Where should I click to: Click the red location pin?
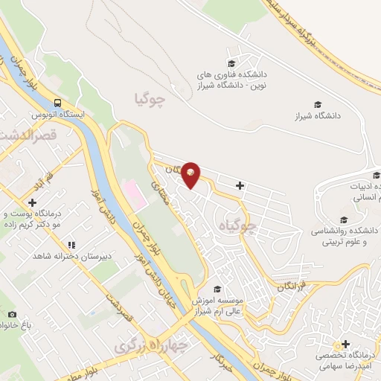(x=191, y=173)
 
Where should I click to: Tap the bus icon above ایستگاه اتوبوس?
(x=58, y=103)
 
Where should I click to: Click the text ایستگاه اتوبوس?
(x=58, y=116)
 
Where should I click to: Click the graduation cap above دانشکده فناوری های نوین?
(x=231, y=63)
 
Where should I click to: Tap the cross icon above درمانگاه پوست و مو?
(x=32, y=202)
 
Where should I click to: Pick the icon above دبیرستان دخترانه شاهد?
(x=71, y=244)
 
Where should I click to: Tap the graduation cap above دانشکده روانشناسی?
(x=344, y=220)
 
